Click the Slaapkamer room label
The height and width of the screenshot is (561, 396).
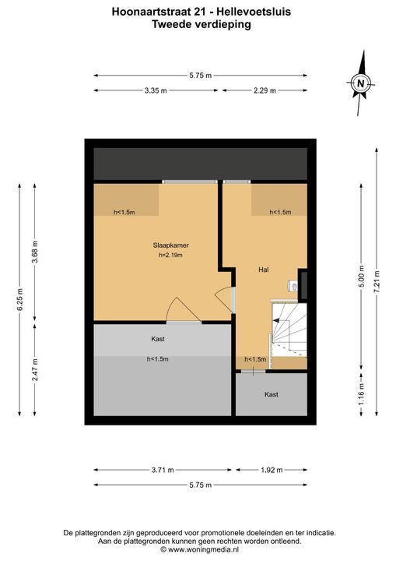(x=171, y=245)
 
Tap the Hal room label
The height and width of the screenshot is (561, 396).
(x=264, y=270)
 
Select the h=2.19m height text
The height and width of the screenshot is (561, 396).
(x=170, y=256)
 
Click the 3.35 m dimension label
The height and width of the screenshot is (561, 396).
(x=156, y=90)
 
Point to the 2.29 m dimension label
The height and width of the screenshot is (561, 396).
(x=265, y=90)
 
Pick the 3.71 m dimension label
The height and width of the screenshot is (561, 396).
(x=163, y=470)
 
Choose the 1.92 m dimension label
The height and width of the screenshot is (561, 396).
(x=272, y=470)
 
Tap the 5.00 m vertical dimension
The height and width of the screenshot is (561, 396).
(x=361, y=276)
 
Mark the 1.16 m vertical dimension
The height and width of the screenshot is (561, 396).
(x=361, y=394)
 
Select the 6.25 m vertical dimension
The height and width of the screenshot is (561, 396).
(x=19, y=299)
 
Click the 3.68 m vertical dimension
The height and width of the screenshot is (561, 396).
(x=35, y=252)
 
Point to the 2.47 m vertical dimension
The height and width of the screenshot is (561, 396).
(x=35, y=370)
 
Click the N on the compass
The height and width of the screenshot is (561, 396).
(x=361, y=84)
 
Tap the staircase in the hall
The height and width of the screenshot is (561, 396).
(x=289, y=330)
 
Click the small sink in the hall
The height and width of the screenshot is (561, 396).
(x=293, y=286)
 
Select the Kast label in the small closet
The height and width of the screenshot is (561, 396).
(x=272, y=394)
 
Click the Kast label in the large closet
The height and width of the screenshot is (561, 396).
(x=158, y=339)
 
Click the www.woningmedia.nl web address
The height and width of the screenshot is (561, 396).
(x=204, y=549)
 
